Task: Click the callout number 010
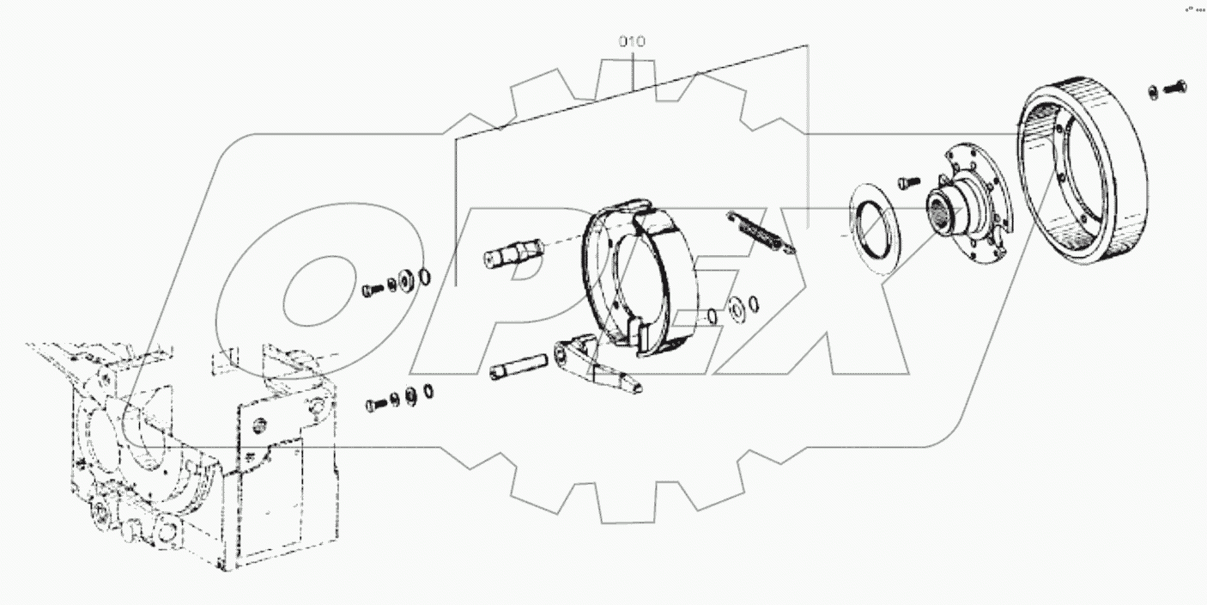pos(632,41)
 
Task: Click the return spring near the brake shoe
pos(760,232)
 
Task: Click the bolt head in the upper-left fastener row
pos(370,290)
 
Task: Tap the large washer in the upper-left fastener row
pos(408,280)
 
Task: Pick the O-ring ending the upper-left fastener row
pos(424,277)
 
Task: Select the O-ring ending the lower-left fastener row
pos(427,392)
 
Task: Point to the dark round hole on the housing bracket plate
pos(259,422)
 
